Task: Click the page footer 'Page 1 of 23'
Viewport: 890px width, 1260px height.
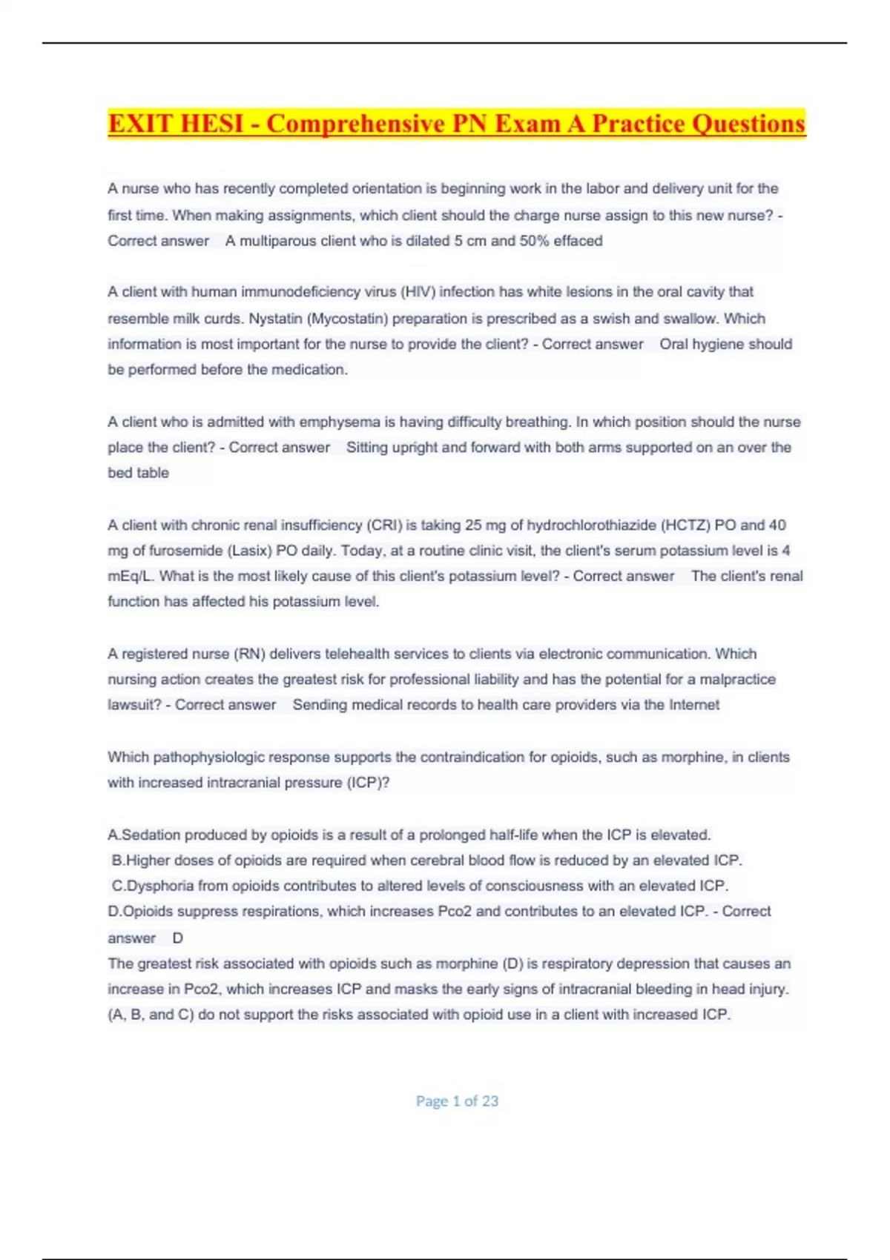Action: click(x=457, y=1101)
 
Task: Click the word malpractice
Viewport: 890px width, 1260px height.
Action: click(x=737, y=679)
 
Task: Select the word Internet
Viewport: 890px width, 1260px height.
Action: click(x=693, y=705)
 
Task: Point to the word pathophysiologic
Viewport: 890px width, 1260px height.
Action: click(x=208, y=757)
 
